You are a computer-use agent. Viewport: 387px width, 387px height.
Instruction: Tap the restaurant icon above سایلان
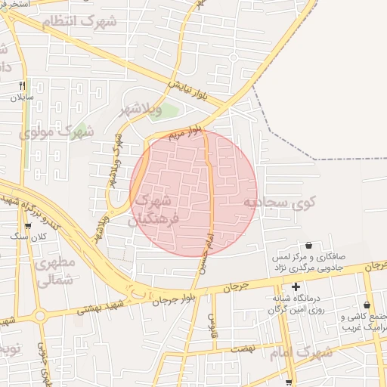click(x=22, y=85)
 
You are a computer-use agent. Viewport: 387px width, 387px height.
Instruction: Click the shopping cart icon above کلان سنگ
click(x=29, y=224)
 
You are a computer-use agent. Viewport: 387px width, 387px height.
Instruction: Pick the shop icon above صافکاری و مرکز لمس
click(x=308, y=245)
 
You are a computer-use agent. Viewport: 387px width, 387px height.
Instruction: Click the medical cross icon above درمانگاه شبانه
click(x=296, y=286)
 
